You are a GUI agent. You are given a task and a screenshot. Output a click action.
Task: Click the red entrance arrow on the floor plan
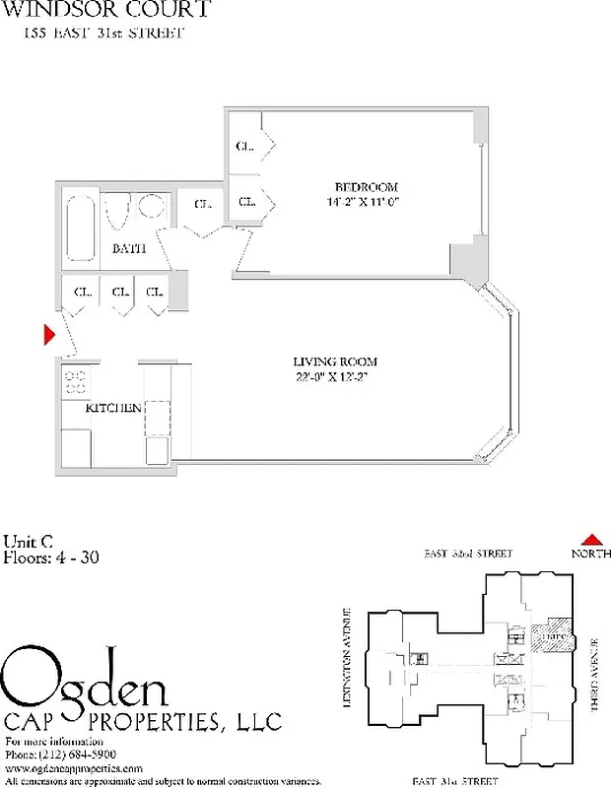pos(48,336)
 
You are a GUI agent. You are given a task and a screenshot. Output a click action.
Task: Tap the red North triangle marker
pos(590,539)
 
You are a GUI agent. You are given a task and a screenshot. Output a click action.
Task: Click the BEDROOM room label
pos(366,187)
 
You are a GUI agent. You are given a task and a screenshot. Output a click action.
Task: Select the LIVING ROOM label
pos(335,361)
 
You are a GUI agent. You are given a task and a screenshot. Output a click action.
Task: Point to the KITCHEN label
pos(113,408)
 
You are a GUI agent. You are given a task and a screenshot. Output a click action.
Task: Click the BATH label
pos(128,249)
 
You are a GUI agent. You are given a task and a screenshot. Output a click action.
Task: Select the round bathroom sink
pos(150,207)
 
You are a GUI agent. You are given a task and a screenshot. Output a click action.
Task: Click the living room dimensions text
pos(335,376)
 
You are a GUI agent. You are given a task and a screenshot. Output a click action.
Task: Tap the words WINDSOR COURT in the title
pos(107,11)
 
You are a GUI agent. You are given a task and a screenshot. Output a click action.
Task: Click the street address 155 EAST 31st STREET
pos(103,33)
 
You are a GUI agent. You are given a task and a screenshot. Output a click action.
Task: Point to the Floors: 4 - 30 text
pos(51,558)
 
